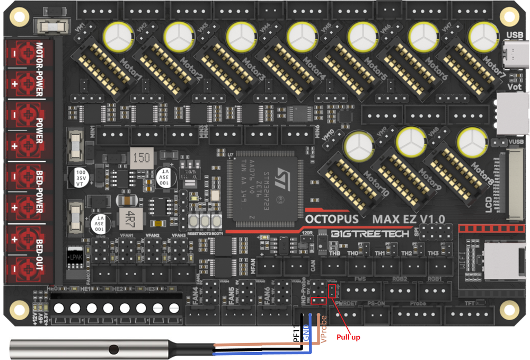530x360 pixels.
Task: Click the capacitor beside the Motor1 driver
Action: tap(116, 34)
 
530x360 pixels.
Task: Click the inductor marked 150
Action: tap(142, 159)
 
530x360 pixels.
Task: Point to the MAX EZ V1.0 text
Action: tap(408, 218)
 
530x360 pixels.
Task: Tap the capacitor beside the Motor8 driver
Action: tap(472, 141)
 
